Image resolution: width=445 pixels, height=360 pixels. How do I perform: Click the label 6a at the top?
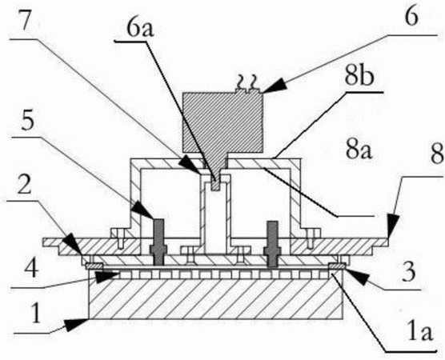point(140,28)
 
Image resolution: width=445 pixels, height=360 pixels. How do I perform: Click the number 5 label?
point(28,122)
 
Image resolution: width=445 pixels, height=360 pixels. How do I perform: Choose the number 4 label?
point(31,268)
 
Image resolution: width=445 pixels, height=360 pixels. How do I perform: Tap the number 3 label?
point(409,272)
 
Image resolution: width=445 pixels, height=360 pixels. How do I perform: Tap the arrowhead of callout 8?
point(393,226)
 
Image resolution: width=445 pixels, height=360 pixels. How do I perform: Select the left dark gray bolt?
point(158,242)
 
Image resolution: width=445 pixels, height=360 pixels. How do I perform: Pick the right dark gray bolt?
point(272,244)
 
